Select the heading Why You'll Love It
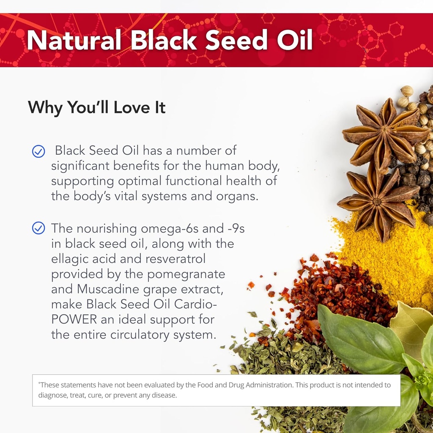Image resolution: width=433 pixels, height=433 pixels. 96,107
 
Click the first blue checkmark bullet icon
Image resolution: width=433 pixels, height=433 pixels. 38,151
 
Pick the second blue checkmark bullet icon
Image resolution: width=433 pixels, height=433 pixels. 38,229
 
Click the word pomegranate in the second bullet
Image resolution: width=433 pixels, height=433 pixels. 186,274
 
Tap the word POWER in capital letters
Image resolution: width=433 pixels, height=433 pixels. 73,319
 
